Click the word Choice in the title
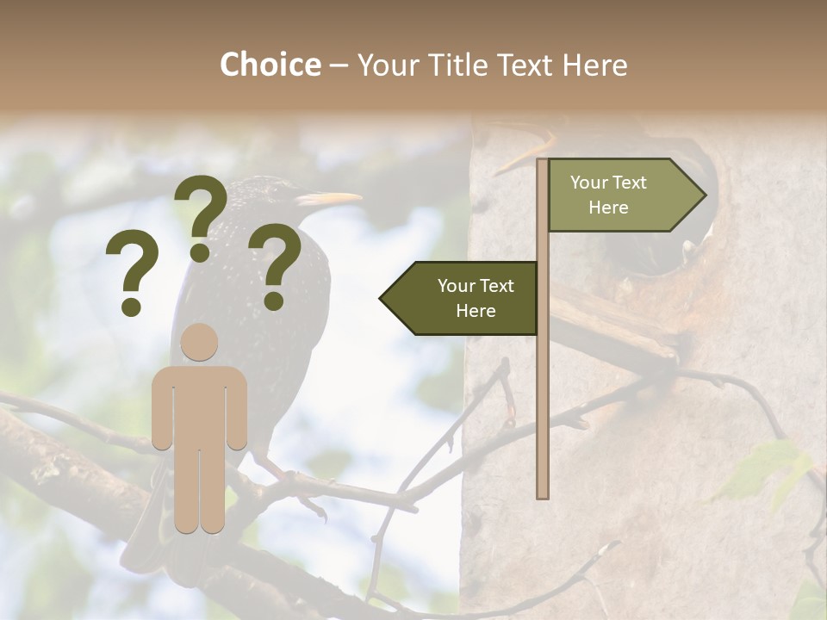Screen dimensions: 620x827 [270, 65]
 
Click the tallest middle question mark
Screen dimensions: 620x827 [201, 216]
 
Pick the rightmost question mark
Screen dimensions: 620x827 [276, 266]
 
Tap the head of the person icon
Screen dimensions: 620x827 [199, 342]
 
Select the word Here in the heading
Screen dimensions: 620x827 [595, 65]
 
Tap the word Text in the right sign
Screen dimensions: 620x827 [630, 183]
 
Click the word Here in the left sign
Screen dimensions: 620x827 [476, 311]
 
